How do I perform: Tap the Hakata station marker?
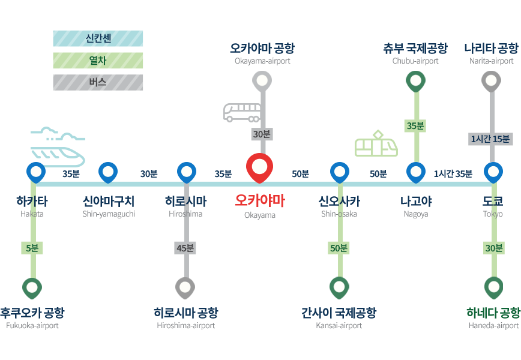click(x=36, y=172)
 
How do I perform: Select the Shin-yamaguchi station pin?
click(x=108, y=172)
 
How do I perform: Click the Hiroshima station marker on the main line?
click(x=187, y=172)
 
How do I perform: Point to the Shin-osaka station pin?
click(x=340, y=172)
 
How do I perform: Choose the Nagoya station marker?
click(x=415, y=172)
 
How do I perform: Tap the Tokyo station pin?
click(x=493, y=172)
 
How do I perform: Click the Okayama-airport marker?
click(x=262, y=80)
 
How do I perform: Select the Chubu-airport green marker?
click(x=415, y=80)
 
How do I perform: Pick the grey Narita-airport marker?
click(x=492, y=81)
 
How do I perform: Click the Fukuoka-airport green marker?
click(x=32, y=288)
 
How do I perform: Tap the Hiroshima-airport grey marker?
click(x=185, y=288)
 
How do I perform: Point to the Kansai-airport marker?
click(x=339, y=288)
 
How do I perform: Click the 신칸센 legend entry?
click(x=98, y=39)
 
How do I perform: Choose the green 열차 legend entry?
click(x=98, y=61)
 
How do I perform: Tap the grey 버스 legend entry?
click(x=98, y=82)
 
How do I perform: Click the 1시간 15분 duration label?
click(x=490, y=139)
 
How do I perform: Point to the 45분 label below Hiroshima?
click(x=185, y=248)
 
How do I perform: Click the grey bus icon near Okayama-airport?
click(x=242, y=113)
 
